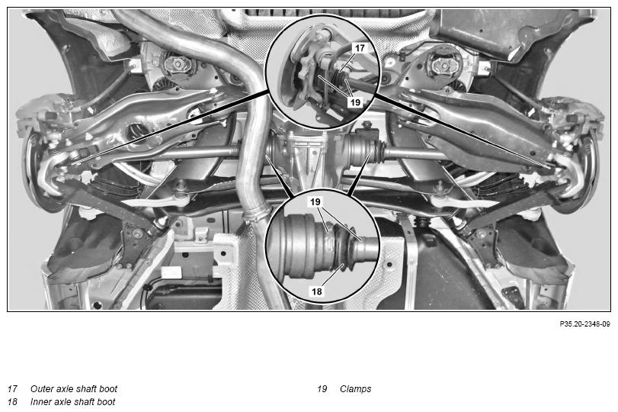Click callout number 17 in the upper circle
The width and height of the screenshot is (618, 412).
(x=360, y=48)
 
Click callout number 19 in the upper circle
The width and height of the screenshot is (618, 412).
(x=356, y=102)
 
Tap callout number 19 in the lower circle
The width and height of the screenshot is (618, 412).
(x=315, y=202)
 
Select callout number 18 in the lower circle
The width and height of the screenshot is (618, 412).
(x=317, y=291)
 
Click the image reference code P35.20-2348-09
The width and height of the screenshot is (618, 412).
(x=585, y=324)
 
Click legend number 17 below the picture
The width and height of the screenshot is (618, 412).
(x=13, y=388)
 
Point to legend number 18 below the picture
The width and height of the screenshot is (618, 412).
(x=13, y=402)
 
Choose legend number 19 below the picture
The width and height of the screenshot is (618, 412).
(x=322, y=388)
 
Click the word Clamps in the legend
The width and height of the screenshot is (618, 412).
(x=356, y=389)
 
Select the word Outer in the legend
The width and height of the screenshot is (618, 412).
(x=41, y=388)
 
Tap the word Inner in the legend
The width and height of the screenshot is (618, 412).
(x=40, y=402)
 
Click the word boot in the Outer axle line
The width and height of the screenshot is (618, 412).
(x=108, y=388)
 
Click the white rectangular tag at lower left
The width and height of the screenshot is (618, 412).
(x=171, y=272)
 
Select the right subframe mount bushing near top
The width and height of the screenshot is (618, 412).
(x=440, y=63)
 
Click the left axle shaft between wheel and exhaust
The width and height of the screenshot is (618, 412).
(x=197, y=152)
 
